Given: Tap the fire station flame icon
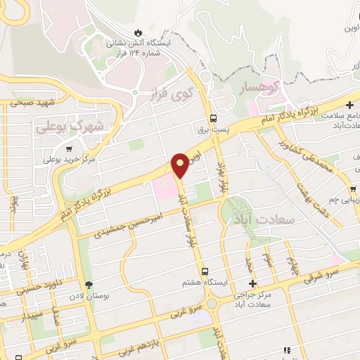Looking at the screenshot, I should (139, 32).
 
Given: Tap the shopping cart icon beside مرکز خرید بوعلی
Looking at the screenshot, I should (69, 148).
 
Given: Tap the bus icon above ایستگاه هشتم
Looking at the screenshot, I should (205, 271).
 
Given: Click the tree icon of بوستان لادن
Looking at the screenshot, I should (89, 283).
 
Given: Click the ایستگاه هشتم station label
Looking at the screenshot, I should (204, 283).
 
